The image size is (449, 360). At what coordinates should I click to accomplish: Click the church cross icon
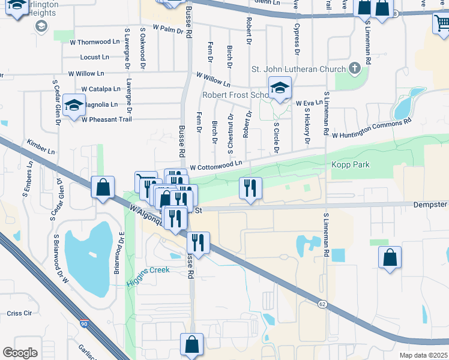(355, 67)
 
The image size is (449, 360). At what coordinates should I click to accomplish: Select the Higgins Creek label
(148, 270)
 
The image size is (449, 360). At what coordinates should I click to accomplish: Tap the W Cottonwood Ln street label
(216, 163)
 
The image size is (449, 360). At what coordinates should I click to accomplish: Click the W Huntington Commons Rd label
(371, 128)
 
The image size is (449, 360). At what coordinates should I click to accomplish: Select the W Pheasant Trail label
(106, 119)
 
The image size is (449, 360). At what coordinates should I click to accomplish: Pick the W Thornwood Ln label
(94, 42)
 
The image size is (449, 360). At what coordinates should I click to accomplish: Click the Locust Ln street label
(95, 58)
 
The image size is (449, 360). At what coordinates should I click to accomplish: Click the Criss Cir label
(19, 313)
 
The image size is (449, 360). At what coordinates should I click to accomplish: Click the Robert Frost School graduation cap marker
(279, 89)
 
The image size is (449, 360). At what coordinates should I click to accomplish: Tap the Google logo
(20, 353)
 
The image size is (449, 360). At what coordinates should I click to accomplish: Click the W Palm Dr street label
(167, 28)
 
